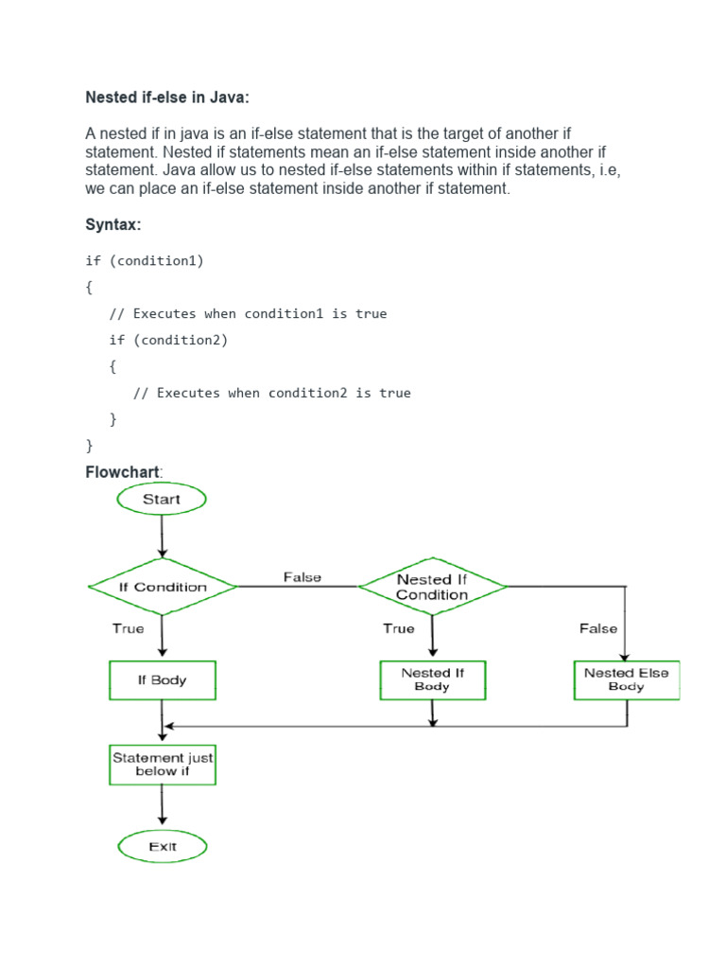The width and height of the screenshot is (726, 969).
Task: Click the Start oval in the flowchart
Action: tap(161, 499)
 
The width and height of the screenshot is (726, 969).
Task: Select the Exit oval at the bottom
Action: tap(163, 846)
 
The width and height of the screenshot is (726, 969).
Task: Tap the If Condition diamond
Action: tap(163, 587)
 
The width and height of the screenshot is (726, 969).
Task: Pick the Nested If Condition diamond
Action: tap(432, 587)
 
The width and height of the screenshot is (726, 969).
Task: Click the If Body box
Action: tap(163, 680)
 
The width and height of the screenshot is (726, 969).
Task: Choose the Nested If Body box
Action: tap(432, 680)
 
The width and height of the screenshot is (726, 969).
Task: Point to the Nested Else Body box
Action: tap(626, 680)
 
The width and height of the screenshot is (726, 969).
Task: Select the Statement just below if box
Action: tap(163, 765)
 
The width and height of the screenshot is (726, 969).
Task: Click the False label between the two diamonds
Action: tap(302, 577)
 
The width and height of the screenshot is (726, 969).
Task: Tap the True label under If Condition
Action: tap(129, 628)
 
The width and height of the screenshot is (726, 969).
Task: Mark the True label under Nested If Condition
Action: tap(398, 628)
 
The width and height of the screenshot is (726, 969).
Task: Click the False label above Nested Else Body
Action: tap(597, 628)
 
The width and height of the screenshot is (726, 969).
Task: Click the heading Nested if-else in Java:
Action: tap(167, 97)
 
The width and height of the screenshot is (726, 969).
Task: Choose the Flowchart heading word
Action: tap(123, 471)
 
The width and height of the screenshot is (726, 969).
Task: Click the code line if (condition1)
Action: tap(145, 260)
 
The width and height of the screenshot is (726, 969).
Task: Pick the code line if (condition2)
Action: tap(168, 340)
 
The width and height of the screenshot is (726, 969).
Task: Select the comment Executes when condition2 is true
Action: tap(272, 393)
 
